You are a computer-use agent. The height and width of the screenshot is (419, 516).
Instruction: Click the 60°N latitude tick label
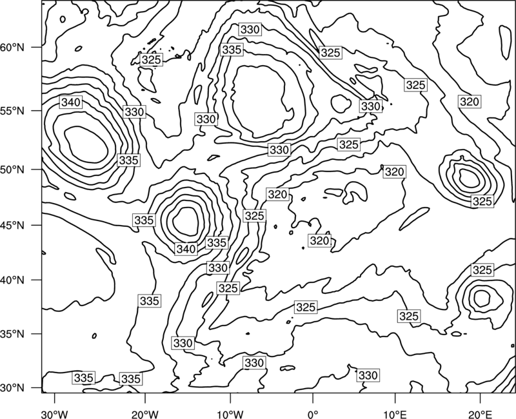tap(12, 48)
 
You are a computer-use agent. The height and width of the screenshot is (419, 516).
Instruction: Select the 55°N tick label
tap(12, 111)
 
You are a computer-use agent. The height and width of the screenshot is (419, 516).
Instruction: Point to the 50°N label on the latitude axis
tap(12, 170)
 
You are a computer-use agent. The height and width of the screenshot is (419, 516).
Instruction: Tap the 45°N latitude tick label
tap(12, 225)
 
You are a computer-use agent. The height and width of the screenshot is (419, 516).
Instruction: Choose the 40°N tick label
tap(12, 280)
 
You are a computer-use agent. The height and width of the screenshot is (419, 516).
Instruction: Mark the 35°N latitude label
tap(12, 334)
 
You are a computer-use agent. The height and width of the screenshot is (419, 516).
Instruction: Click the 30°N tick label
tap(12, 388)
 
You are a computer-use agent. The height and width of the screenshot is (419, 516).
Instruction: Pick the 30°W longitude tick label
tap(55, 414)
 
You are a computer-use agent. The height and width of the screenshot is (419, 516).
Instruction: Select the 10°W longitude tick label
tap(230, 414)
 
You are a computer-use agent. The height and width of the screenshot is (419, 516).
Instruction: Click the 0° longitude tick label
tap(313, 414)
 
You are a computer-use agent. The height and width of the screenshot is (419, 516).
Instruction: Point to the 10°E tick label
tap(395, 414)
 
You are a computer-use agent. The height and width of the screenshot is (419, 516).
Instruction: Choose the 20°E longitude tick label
tap(480, 414)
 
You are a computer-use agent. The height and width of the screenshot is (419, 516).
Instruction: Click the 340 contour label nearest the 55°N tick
tap(71, 102)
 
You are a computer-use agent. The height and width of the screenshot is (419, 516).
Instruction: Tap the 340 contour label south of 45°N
tap(186, 249)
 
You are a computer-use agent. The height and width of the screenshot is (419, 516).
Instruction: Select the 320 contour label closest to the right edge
tap(470, 102)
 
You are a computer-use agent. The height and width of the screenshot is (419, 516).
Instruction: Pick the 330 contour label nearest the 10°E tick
tap(368, 375)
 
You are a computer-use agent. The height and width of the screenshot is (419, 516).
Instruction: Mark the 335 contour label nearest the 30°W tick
tap(84, 378)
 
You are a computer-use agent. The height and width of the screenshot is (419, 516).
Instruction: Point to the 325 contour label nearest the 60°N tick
tap(151, 60)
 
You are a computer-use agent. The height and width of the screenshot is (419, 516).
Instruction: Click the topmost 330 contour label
tap(250, 30)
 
